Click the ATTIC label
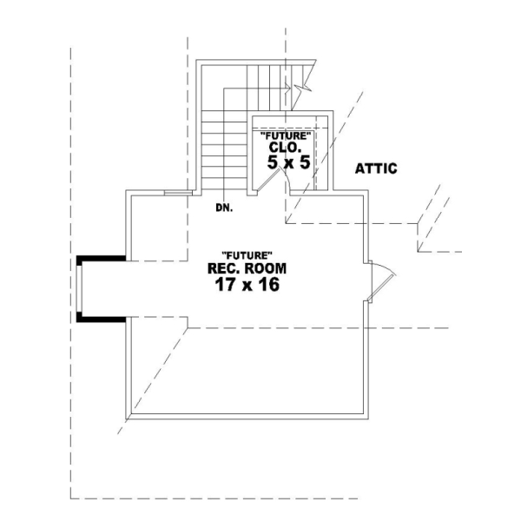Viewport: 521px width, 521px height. point(376,168)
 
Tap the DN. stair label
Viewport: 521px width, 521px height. point(224,208)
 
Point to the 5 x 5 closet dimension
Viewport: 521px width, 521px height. point(288,162)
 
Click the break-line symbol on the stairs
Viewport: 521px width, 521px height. point(301,88)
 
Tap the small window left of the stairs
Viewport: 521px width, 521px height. point(177,193)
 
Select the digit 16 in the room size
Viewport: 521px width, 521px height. point(267,285)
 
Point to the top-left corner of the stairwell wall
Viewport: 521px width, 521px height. point(198,62)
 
